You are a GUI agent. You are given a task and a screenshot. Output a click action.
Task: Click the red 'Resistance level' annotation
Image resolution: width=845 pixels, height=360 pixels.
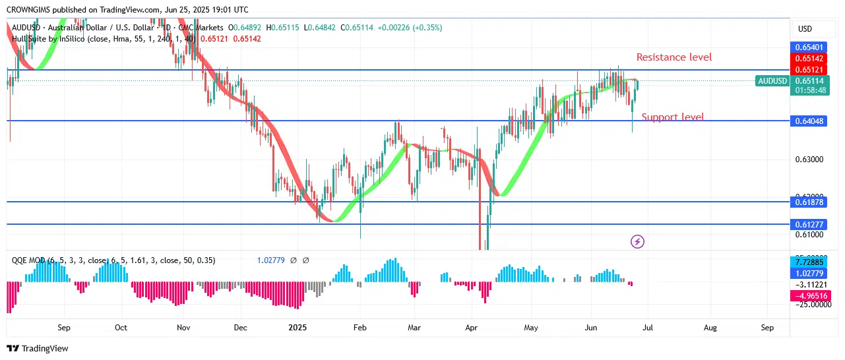(673, 57)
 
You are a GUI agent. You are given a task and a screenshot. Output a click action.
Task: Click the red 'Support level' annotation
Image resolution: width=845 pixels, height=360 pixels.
(672, 117)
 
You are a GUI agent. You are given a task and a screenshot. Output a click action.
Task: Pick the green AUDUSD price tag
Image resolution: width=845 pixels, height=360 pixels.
(772, 81)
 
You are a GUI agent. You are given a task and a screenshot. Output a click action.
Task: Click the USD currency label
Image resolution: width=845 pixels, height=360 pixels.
(805, 29)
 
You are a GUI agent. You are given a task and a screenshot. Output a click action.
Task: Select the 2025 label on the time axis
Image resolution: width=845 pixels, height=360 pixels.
(297, 327)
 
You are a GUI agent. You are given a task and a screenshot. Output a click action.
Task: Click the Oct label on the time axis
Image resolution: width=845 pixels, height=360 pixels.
(121, 327)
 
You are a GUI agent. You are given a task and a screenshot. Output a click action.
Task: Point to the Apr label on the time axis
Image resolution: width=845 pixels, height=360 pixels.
(472, 327)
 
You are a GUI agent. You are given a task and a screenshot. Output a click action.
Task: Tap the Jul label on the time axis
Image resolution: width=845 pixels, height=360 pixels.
(648, 327)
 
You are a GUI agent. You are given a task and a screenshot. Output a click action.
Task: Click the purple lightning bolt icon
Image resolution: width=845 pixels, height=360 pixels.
(638, 242)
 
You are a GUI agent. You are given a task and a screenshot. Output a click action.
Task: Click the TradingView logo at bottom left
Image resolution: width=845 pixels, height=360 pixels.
(38, 348)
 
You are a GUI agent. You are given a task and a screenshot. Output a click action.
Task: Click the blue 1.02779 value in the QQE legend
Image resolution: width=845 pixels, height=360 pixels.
(270, 260)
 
